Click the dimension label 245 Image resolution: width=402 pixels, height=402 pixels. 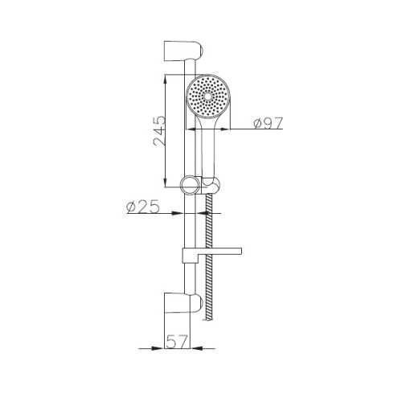tap(159, 132)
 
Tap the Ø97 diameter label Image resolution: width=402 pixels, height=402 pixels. tap(269, 123)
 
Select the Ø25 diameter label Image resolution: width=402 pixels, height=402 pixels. tap(143, 207)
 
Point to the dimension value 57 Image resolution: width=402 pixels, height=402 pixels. tap(177, 342)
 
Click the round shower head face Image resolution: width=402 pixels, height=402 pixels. tap(208, 96)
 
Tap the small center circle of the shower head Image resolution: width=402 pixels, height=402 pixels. tap(208, 96)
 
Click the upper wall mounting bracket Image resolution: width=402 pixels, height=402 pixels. tap(183, 51)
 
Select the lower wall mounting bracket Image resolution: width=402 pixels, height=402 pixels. tap(183, 303)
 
